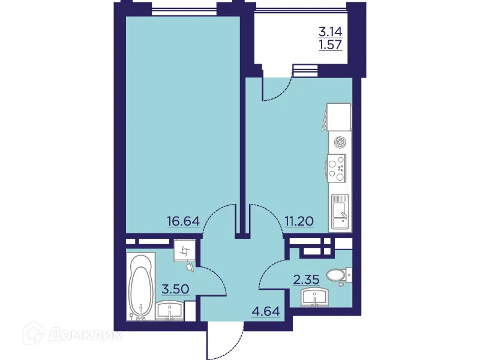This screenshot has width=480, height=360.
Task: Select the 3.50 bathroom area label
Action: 176,289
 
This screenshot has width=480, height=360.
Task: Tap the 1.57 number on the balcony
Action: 330,46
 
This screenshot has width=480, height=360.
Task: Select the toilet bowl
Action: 338,275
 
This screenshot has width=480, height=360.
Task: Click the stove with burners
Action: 337,167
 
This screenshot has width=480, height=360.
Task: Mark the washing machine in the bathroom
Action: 184,252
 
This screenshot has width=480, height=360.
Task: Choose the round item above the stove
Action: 340,143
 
